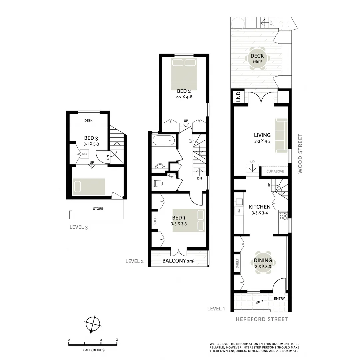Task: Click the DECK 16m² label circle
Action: [257, 59]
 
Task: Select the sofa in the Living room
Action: [281, 135]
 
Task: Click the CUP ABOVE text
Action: [275, 172]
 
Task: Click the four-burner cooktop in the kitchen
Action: [283, 216]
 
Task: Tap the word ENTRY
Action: [279, 299]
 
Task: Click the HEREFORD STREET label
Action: [262, 319]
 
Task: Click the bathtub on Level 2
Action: [163, 140]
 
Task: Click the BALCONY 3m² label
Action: [178, 261]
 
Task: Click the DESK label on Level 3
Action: [88, 121]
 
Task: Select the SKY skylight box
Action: [85, 154]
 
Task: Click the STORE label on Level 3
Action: [98, 209]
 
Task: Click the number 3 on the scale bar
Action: [117, 340]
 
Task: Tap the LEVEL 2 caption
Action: [134, 261]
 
